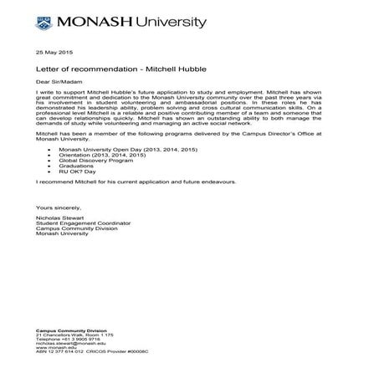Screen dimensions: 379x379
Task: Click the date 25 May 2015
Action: coord(52,52)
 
